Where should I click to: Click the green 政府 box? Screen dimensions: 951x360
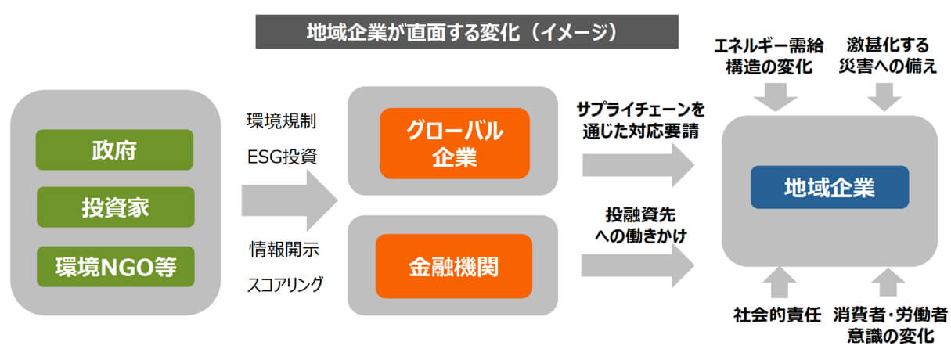pyautogui.click(x=114, y=149)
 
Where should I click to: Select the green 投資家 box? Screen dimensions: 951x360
pyautogui.click(x=116, y=207)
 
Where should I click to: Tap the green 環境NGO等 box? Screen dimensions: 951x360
pyautogui.click(x=116, y=267)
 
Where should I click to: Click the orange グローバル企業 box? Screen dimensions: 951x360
pyautogui.click(x=454, y=143)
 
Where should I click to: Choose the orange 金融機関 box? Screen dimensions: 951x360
pyautogui.click(x=453, y=266)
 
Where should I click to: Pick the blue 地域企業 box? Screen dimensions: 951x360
pyautogui.click(x=830, y=187)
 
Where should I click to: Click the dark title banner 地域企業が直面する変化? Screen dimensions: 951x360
pyautogui.click(x=466, y=32)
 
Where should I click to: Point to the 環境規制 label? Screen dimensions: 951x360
pyautogui.click(x=281, y=121)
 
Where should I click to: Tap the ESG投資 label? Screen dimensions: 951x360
pyautogui.click(x=282, y=157)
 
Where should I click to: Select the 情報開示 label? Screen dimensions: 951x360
pyautogui.click(x=284, y=249)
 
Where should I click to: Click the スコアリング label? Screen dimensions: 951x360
pyautogui.click(x=285, y=284)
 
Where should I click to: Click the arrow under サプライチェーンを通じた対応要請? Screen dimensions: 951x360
pyautogui.click(x=638, y=165)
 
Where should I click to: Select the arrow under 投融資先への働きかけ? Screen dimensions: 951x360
pyautogui.click(x=637, y=266)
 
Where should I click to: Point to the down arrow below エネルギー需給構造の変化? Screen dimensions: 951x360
pyautogui.click(x=775, y=97)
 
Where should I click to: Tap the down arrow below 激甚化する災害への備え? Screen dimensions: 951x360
pyautogui.click(x=884, y=97)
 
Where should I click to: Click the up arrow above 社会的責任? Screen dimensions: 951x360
pyautogui.click(x=780, y=283)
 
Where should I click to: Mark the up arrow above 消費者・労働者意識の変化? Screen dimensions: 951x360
pyautogui.click(x=888, y=283)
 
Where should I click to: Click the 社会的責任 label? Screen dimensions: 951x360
pyautogui.click(x=777, y=315)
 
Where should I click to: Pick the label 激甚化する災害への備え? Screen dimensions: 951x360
pyautogui.click(x=888, y=56)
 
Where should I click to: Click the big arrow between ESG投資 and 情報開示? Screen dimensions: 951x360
pyautogui.click(x=290, y=200)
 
